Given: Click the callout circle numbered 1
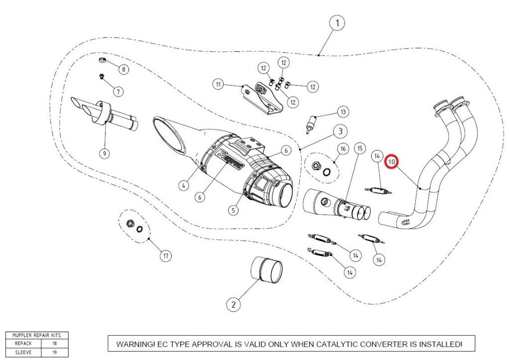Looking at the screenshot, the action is (x=337, y=23).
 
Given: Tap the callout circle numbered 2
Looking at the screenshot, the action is (x=233, y=305).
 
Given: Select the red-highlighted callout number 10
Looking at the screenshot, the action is (x=391, y=162).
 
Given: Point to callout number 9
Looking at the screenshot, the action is (x=105, y=153).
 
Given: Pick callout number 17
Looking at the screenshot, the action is (x=166, y=256).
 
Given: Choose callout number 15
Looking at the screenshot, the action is (x=360, y=148).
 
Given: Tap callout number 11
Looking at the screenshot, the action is (x=218, y=85).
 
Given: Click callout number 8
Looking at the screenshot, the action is (x=124, y=69).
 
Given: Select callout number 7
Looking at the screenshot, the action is (x=118, y=92).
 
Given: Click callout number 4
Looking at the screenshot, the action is (x=184, y=186).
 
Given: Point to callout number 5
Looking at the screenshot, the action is (x=233, y=210).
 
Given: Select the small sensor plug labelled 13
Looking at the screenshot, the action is (x=311, y=124).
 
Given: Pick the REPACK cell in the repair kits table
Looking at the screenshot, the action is (x=23, y=344).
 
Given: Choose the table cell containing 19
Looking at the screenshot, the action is (x=55, y=353).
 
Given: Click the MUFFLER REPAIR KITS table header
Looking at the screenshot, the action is (x=37, y=335).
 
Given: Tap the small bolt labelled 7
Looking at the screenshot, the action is (x=102, y=77).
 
